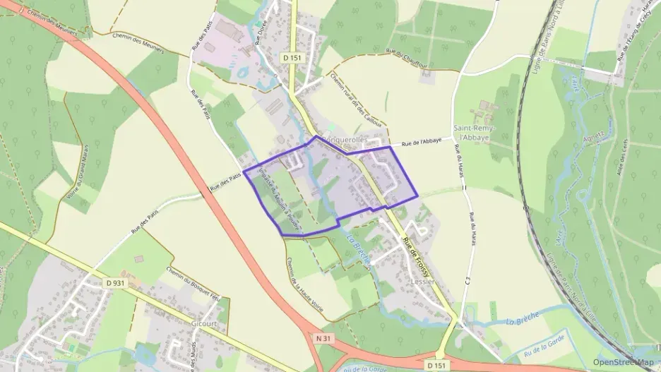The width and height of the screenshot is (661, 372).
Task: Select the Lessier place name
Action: tap(422, 280)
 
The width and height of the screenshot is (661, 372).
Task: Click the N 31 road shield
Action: tap(323, 339)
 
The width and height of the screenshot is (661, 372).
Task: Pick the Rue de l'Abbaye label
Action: tap(422, 143)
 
